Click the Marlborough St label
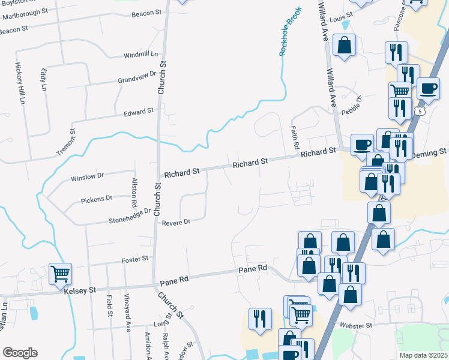[23, 11]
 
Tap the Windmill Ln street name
[140, 55]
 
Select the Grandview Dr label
[136, 79]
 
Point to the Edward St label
[139, 112]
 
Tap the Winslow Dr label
[88, 177]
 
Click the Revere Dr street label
[176, 222]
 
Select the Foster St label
[134, 259]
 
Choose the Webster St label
[357, 325]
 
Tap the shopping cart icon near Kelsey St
[60, 274]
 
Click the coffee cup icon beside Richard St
[362, 145]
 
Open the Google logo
[20, 353]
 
